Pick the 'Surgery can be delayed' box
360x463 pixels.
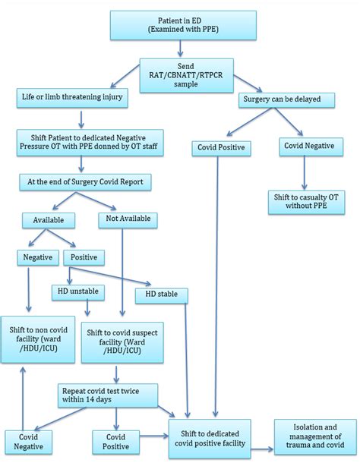click(x=281, y=99)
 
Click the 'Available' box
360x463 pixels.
click(x=49, y=221)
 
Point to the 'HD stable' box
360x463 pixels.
click(x=161, y=293)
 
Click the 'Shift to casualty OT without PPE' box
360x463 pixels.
click(x=305, y=202)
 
